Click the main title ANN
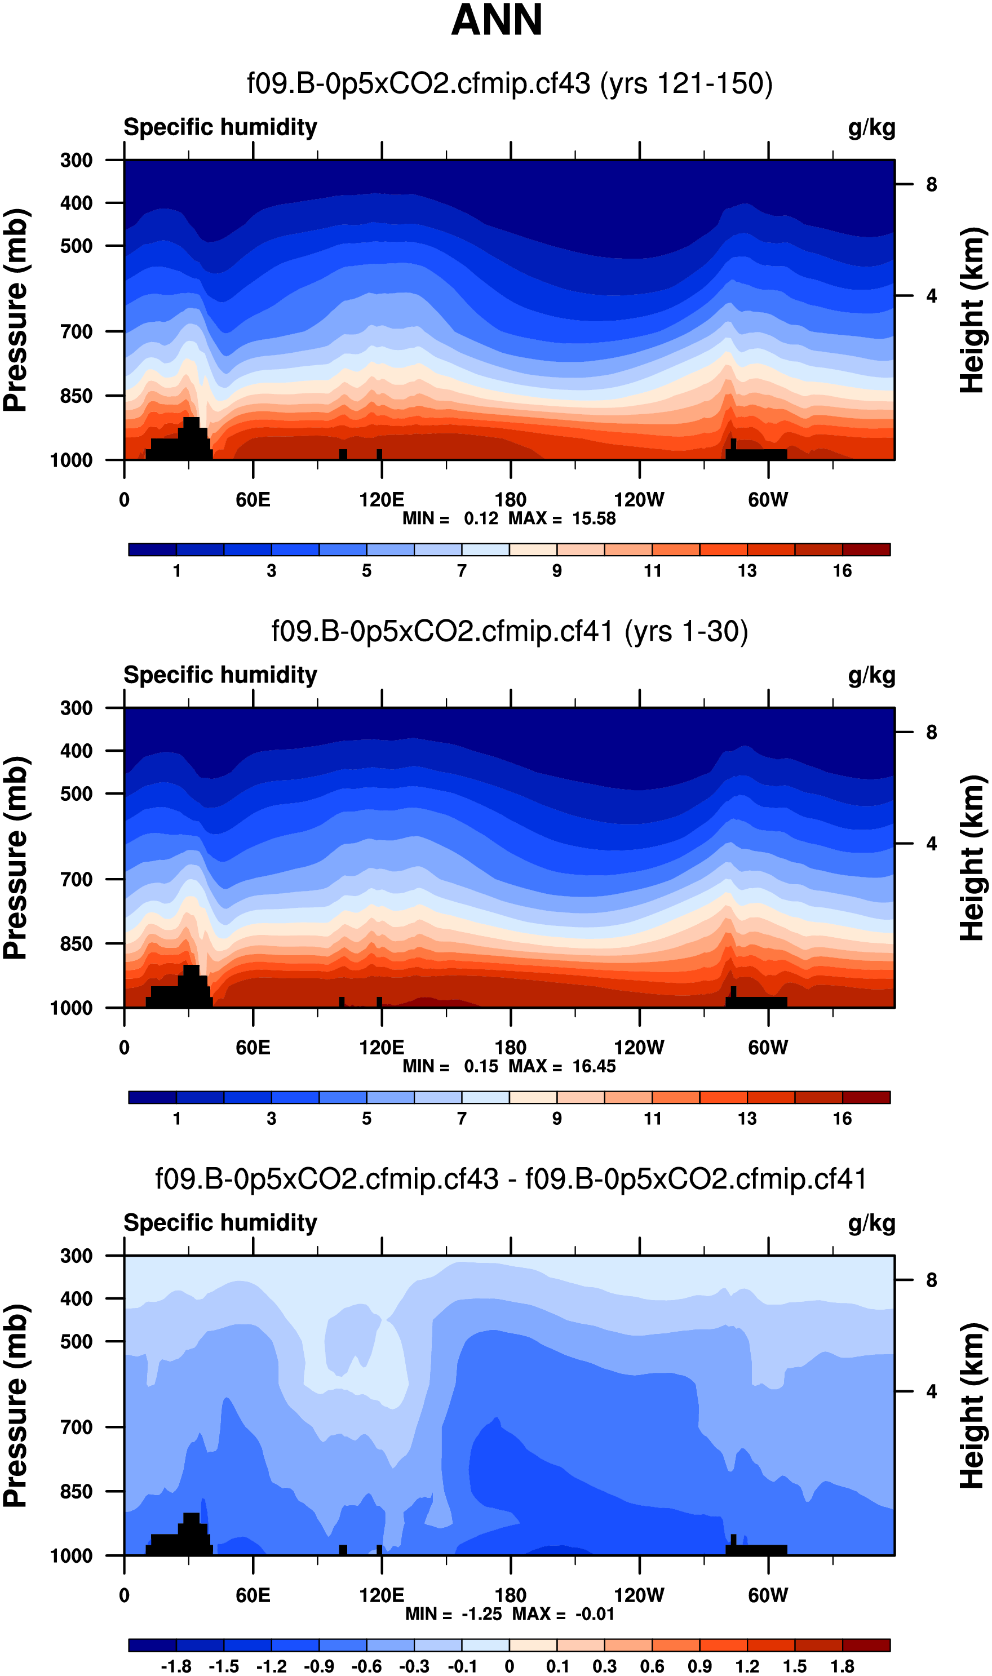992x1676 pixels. click(x=496, y=20)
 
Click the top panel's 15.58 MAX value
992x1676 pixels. click(x=594, y=518)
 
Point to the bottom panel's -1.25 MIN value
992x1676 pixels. click(x=481, y=1614)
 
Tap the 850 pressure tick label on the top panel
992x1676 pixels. click(x=76, y=396)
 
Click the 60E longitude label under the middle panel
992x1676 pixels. click(x=253, y=1047)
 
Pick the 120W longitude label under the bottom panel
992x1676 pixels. click(x=639, y=1595)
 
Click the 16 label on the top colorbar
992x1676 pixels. click(x=842, y=571)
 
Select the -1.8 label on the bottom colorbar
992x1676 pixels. click(x=176, y=1666)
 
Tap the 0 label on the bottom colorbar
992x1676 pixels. click(x=510, y=1666)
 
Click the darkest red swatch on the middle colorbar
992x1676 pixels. click(x=866, y=1097)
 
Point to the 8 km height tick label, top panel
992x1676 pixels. click(x=931, y=184)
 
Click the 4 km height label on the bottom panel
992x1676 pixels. click(x=931, y=1391)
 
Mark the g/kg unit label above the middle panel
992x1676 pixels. click(x=871, y=676)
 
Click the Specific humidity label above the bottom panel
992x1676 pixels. click(x=220, y=1222)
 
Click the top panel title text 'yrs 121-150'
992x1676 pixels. click(x=686, y=84)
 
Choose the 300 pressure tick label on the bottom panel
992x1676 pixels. click(x=76, y=1255)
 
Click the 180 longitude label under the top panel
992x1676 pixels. click(x=510, y=500)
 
